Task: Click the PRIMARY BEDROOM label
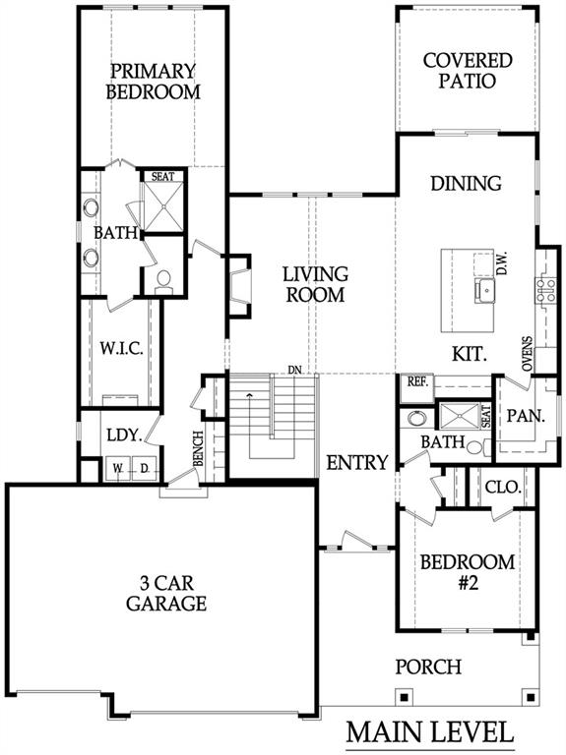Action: coord(153,82)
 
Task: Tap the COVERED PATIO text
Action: coord(468,71)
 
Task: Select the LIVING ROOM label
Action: coord(315,284)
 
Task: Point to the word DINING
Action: coord(466,183)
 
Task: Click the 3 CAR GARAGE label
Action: coord(166,593)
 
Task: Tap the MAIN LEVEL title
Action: coord(430,731)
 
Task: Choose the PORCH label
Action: coord(428,667)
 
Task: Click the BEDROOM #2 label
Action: coord(468,572)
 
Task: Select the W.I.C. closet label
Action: coord(121,348)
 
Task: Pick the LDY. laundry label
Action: coord(124,436)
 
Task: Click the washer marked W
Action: coord(118,468)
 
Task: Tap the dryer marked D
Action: coord(144,468)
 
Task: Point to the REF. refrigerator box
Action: coord(417,388)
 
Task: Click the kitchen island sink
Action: coord(484,291)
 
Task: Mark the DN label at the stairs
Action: coord(294,370)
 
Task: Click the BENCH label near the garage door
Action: coord(198,448)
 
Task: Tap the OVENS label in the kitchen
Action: coord(528,354)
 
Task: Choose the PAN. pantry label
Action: coord(526,416)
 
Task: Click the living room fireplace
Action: coord(239,285)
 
